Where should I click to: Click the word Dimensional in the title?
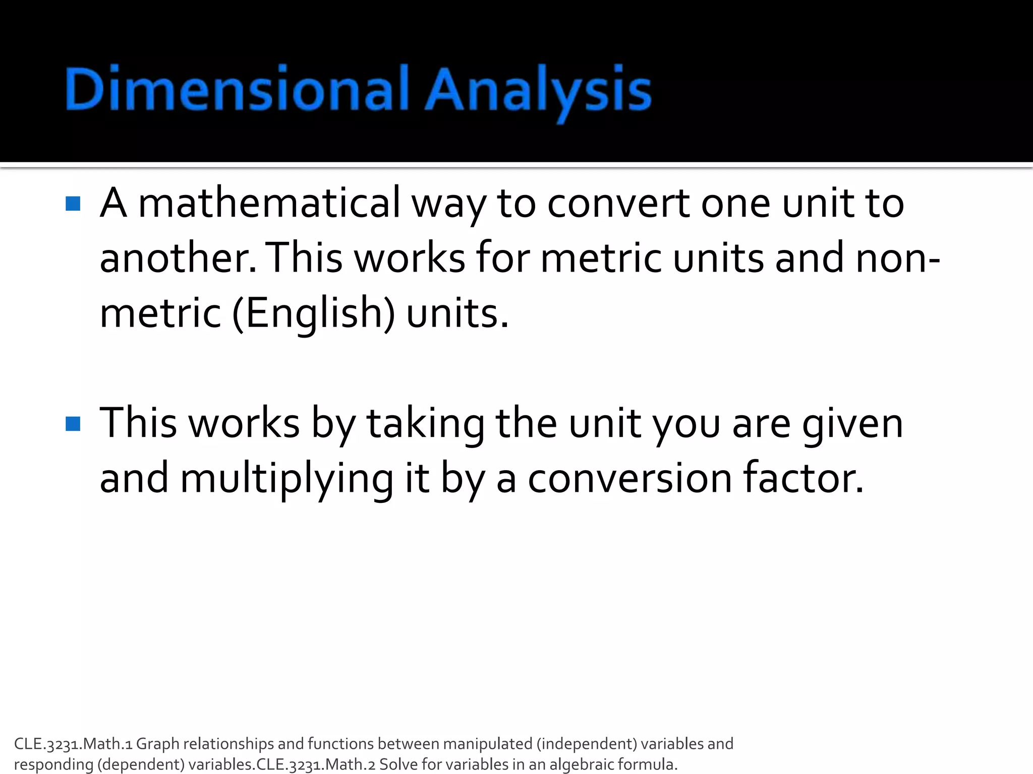[236, 89]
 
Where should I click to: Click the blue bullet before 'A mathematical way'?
[73, 204]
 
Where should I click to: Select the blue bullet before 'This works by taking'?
[73, 424]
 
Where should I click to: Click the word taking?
[425, 424]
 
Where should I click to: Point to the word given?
[852, 424]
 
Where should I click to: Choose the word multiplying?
[286, 479]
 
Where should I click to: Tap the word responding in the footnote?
[53, 764]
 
